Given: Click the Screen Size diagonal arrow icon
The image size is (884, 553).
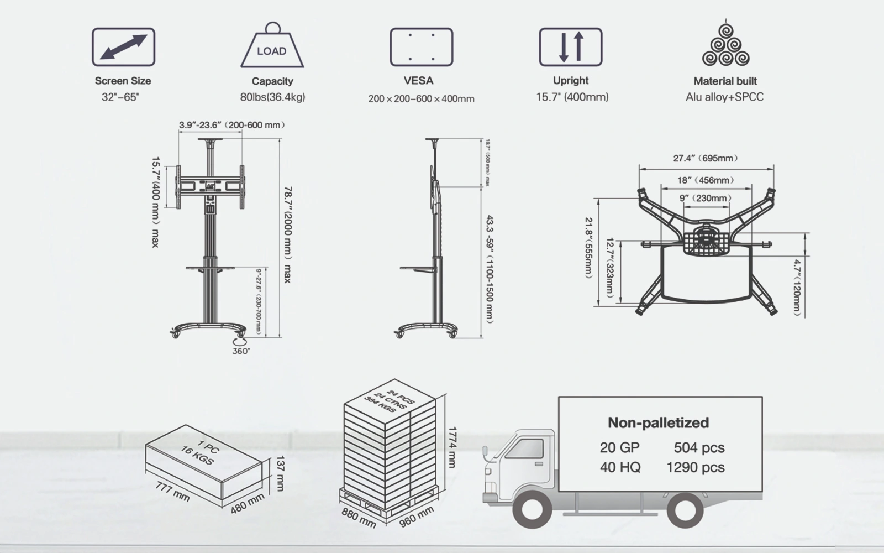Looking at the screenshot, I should pyautogui.click(x=123, y=48).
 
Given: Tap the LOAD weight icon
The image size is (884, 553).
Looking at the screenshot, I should pyautogui.click(x=272, y=49).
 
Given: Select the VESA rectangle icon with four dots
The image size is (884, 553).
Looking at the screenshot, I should pyautogui.click(x=422, y=48).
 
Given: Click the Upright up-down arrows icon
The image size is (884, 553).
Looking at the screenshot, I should pyautogui.click(x=571, y=48).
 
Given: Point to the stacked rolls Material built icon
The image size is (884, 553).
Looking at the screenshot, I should pyautogui.click(x=725, y=45).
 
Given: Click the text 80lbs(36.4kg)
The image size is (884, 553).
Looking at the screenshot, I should pyautogui.click(x=272, y=97).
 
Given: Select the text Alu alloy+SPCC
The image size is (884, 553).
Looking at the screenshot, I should pyautogui.click(x=724, y=97).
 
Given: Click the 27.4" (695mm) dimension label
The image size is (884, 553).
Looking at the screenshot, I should pyautogui.click(x=706, y=158).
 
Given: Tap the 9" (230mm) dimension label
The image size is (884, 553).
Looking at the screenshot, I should pyautogui.click(x=706, y=198).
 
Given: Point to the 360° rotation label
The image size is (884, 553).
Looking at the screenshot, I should pyautogui.click(x=241, y=351).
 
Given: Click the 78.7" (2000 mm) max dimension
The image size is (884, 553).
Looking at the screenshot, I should pyautogui.click(x=287, y=235).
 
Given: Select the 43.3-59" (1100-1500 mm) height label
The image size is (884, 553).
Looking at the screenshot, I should pyautogui.click(x=490, y=269).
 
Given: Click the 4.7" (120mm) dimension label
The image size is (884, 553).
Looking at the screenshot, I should pyautogui.click(x=797, y=288).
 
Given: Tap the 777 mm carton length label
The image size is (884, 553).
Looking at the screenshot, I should pyautogui.click(x=172, y=492).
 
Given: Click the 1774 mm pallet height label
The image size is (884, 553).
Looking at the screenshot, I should pyautogui.click(x=452, y=447).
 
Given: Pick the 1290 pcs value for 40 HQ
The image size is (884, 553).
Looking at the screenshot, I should pyautogui.click(x=695, y=468).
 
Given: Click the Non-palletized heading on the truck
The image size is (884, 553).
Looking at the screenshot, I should pyautogui.click(x=658, y=423).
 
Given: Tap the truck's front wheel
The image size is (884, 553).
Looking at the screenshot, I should pyautogui.click(x=532, y=509).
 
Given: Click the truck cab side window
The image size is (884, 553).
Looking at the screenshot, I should pyautogui.click(x=525, y=449).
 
